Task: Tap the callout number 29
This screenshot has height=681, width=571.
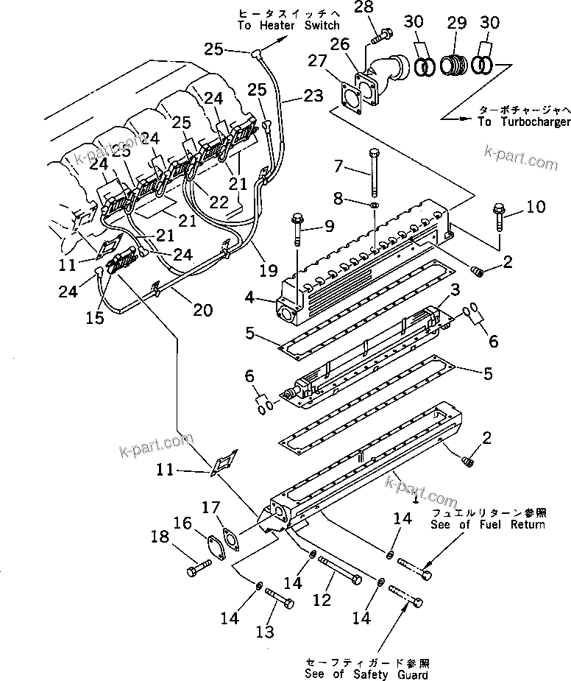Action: coord(457,23)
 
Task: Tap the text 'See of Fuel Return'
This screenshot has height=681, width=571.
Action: coord(488,518)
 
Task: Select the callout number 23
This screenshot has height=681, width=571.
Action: coord(313,95)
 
